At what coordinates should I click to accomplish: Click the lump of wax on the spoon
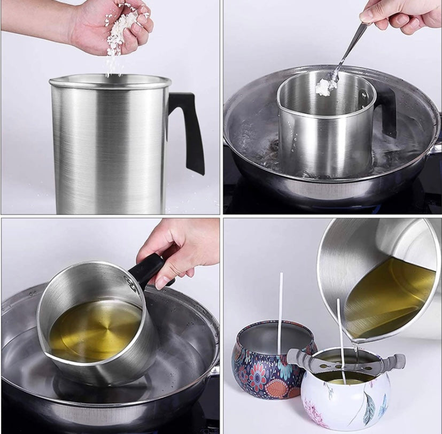tap(325, 87)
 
